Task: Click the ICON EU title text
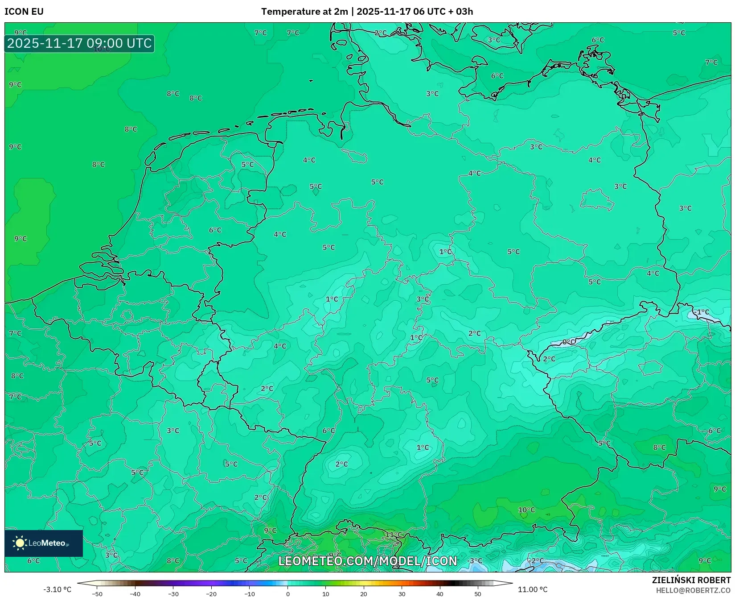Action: click(24, 12)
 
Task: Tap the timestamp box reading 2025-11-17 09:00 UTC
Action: click(79, 43)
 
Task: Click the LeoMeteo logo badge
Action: click(43, 543)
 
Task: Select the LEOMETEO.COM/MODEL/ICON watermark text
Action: click(368, 561)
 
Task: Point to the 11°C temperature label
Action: click(394, 535)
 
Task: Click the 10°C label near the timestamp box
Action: click(102, 49)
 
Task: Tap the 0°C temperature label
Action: click(568, 342)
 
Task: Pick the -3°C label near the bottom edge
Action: click(475, 561)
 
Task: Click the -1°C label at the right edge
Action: click(702, 312)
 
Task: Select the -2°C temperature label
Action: click(536, 561)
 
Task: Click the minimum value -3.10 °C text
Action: click(57, 589)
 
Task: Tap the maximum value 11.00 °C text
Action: click(532, 589)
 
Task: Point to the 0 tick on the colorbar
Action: click(287, 594)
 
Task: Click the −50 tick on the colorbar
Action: click(97, 594)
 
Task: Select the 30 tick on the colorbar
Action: click(402, 594)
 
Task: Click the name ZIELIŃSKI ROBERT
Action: click(691, 580)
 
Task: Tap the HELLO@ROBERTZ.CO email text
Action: click(693, 590)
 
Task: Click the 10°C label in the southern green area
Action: click(526, 510)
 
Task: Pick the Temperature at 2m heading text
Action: click(304, 12)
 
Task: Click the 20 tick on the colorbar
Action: click(364, 594)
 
